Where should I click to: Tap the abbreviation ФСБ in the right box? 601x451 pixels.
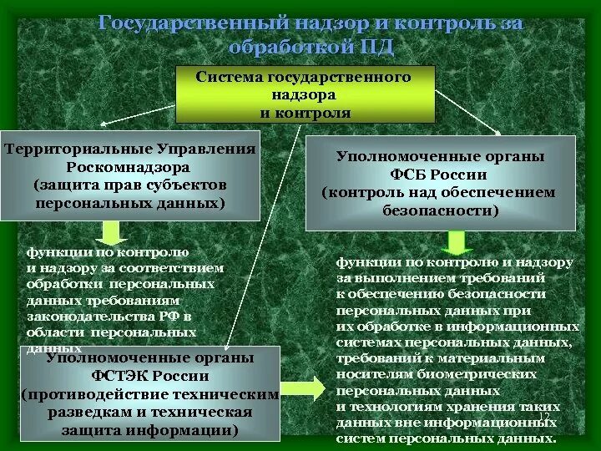417,175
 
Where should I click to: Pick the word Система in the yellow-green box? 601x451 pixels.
230,76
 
